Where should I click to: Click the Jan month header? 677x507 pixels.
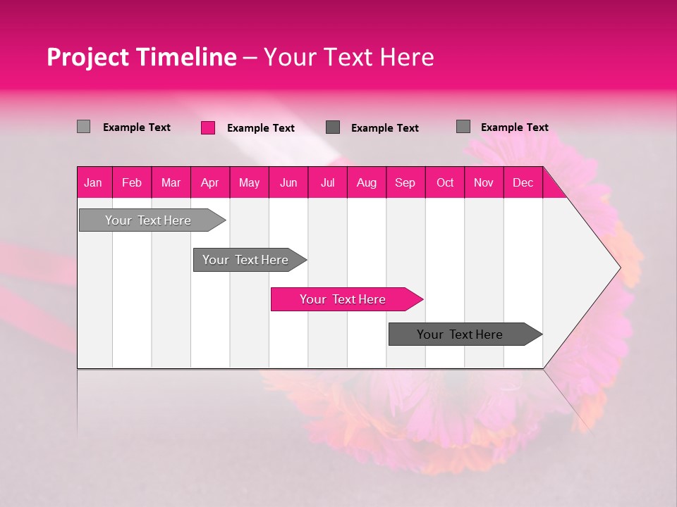(x=93, y=182)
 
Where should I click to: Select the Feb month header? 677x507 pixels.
(x=132, y=182)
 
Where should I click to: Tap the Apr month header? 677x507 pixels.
(x=209, y=182)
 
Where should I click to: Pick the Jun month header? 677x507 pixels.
(x=288, y=182)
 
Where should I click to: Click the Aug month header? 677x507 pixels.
(x=366, y=182)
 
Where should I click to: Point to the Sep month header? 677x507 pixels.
(x=405, y=182)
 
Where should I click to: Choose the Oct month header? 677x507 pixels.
(x=445, y=182)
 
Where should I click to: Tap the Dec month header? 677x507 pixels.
(x=523, y=182)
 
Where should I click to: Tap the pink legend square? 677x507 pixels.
(x=208, y=127)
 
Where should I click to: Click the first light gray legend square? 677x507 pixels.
(x=83, y=127)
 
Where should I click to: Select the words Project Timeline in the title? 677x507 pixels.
(x=141, y=57)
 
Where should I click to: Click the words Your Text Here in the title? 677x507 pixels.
(x=348, y=57)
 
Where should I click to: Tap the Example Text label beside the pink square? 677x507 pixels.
(x=261, y=128)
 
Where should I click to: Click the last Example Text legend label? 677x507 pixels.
(x=514, y=127)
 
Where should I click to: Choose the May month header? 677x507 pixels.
(x=249, y=182)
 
